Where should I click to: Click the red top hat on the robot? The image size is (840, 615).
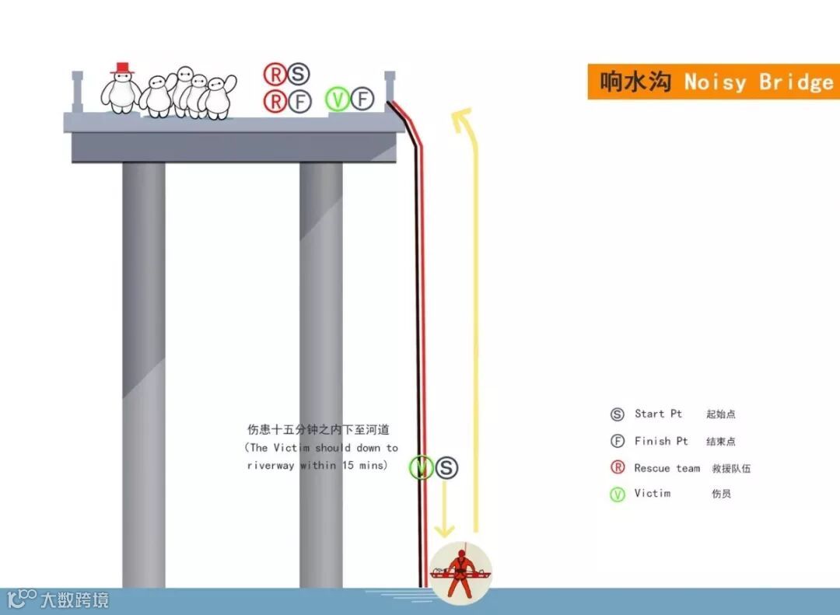[x=121, y=68]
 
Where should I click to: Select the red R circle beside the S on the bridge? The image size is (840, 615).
[x=275, y=75]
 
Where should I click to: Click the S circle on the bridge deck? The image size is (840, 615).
[x=298, y=75]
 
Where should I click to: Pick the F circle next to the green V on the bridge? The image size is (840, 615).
[x=362, y=99]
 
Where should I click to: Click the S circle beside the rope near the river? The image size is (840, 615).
[x=446, y=468]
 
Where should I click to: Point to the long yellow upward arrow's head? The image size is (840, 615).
[x=464, y=119]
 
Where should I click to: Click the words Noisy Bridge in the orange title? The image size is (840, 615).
[x=758, y=82]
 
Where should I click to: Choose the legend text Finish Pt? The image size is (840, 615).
[x=661, y=441]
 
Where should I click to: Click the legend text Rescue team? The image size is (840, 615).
[x=667, y=468]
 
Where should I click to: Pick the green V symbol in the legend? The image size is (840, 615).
[x=618, y=494]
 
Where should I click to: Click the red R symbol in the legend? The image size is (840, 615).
[x=618, y=467]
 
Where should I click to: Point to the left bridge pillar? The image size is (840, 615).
[x=144, y=373]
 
